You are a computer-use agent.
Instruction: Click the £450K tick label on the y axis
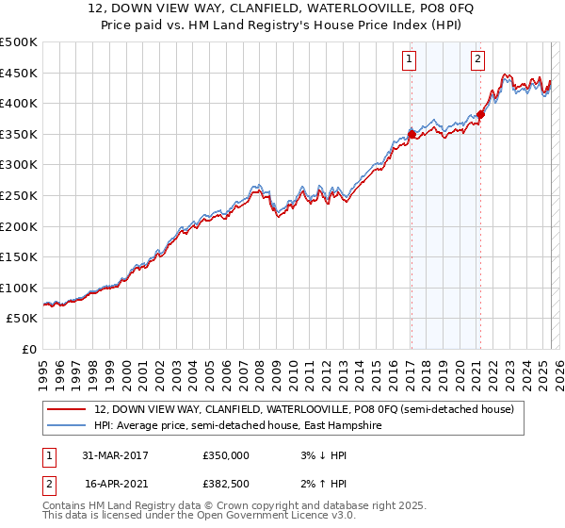19,73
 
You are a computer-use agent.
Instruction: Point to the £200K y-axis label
19,226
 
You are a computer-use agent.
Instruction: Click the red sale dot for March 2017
412,135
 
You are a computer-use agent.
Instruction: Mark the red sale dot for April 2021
479,115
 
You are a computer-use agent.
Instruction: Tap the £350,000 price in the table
226,455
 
